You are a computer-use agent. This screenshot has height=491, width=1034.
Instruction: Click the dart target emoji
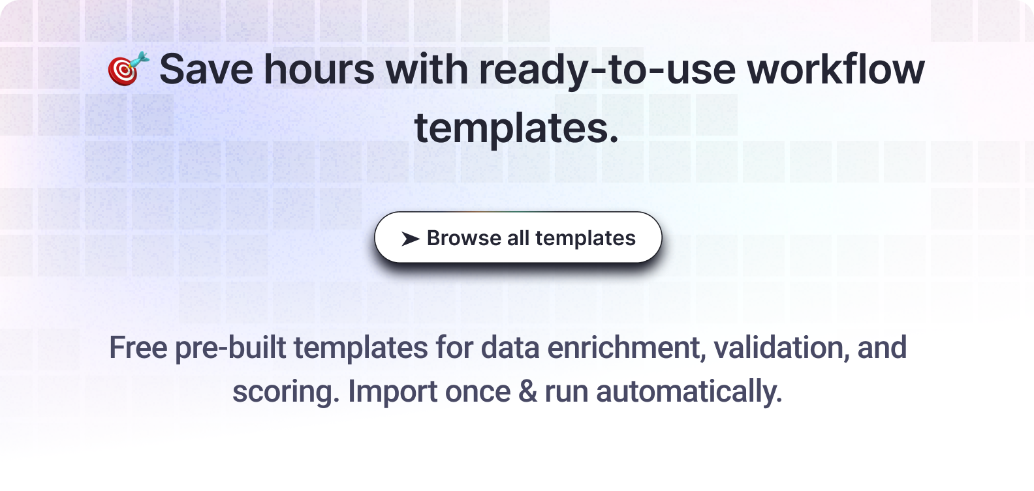pos(129,68)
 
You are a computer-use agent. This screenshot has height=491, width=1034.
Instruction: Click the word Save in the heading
pos(206,69)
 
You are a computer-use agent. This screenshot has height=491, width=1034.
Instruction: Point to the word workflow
pos(836,68)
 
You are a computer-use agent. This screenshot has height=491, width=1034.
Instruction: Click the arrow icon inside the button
pos(411,239)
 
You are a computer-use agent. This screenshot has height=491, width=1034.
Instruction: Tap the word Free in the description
pos(138,347)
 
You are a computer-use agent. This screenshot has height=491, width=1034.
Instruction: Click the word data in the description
pos(510,347)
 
